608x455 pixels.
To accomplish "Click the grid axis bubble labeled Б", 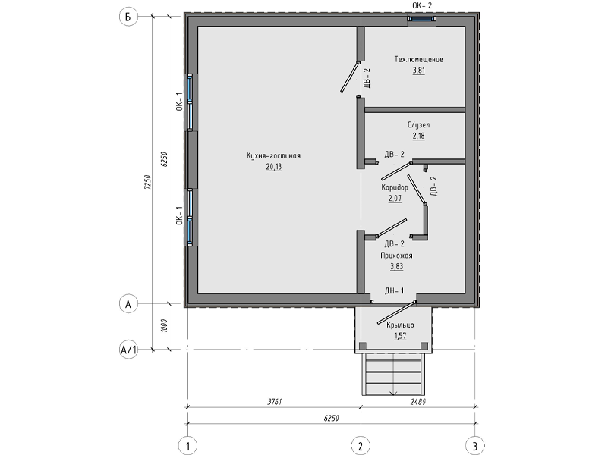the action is (x=128, y=17).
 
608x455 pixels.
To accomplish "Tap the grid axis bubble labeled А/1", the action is (x=128, y=350).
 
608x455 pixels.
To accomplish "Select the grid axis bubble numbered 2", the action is (x=361, y=446).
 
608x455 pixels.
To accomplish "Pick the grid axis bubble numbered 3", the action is (x=475, y=446).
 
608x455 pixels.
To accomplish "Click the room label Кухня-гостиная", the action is (x=274, y=155).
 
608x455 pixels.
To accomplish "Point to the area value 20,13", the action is (x=274, y=167).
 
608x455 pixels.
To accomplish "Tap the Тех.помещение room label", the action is (x=419, y=59).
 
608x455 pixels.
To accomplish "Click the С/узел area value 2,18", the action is (x=418, y=136).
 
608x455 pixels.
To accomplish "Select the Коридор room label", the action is (x=395, y=187).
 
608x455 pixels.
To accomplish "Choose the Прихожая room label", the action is (x=397, y=256).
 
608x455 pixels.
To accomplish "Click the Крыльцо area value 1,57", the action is (x=400, y=336).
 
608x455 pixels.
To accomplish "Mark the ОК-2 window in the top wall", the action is (x=421, y=18).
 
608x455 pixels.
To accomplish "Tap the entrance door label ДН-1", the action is (x=395, y=290).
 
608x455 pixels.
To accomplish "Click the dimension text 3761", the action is (x=275, y=402).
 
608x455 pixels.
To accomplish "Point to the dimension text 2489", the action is (x=418, y=402).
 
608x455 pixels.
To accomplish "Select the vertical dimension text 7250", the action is (x=147, y=182).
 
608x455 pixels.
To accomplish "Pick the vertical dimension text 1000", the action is (x=164, y=325).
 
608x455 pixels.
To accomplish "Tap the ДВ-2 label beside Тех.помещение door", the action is (x=367, y=78).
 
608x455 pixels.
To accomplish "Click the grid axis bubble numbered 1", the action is (x=188, y=446).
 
